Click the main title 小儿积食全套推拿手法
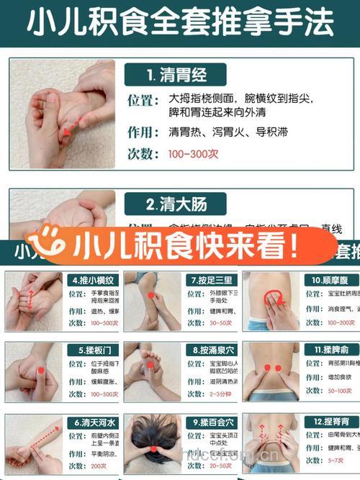click(x=180, y=24)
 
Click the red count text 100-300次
click(x=193, y=154)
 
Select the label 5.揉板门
click(x=91, y=350)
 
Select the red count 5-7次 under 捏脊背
click(x=315, y=460)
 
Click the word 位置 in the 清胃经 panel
click(x=143, y=99)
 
